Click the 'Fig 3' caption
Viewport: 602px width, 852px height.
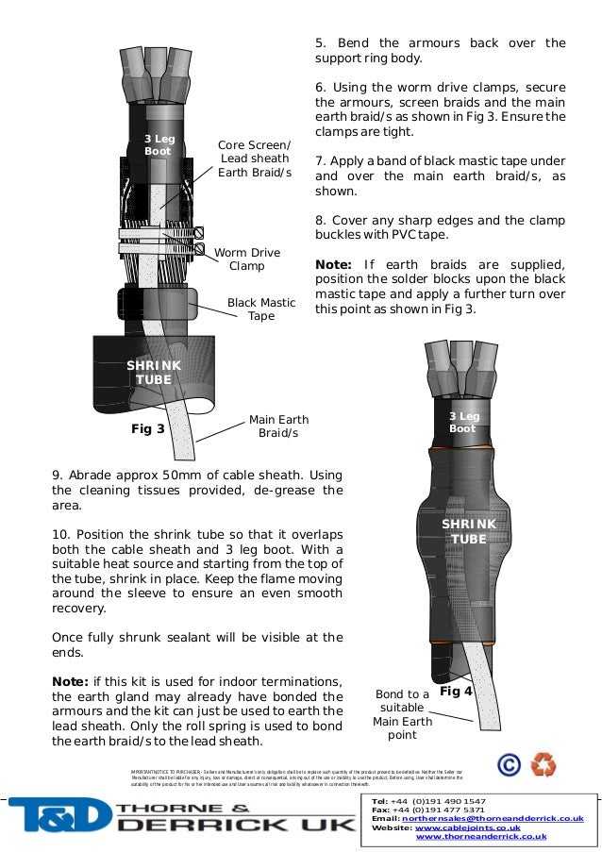pyautogui.click(x=147, y=428)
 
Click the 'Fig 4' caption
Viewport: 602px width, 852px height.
pyautogui.click(x=457, y=691)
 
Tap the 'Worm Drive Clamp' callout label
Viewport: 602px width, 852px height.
pyautogui.click(x=247, y=259)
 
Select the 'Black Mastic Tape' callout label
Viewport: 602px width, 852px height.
pyautogui.click(x=261, y=309)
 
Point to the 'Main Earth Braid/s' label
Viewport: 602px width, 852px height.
pyautogui.click(x=278, y=426)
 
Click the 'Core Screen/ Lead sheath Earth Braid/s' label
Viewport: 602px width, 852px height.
pyautogui.click(x=255, y=159)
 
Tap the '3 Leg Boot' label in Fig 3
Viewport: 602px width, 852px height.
pyautogui.click(x=158, y=144)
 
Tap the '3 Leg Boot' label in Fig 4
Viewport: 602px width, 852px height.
pyautogui.click(x=462, y=422)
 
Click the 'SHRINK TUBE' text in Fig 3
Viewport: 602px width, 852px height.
pyautogui.click(x=154, y=372)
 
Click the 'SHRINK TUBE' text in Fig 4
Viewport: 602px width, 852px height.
pyautogui.click(x=469, y=531)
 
